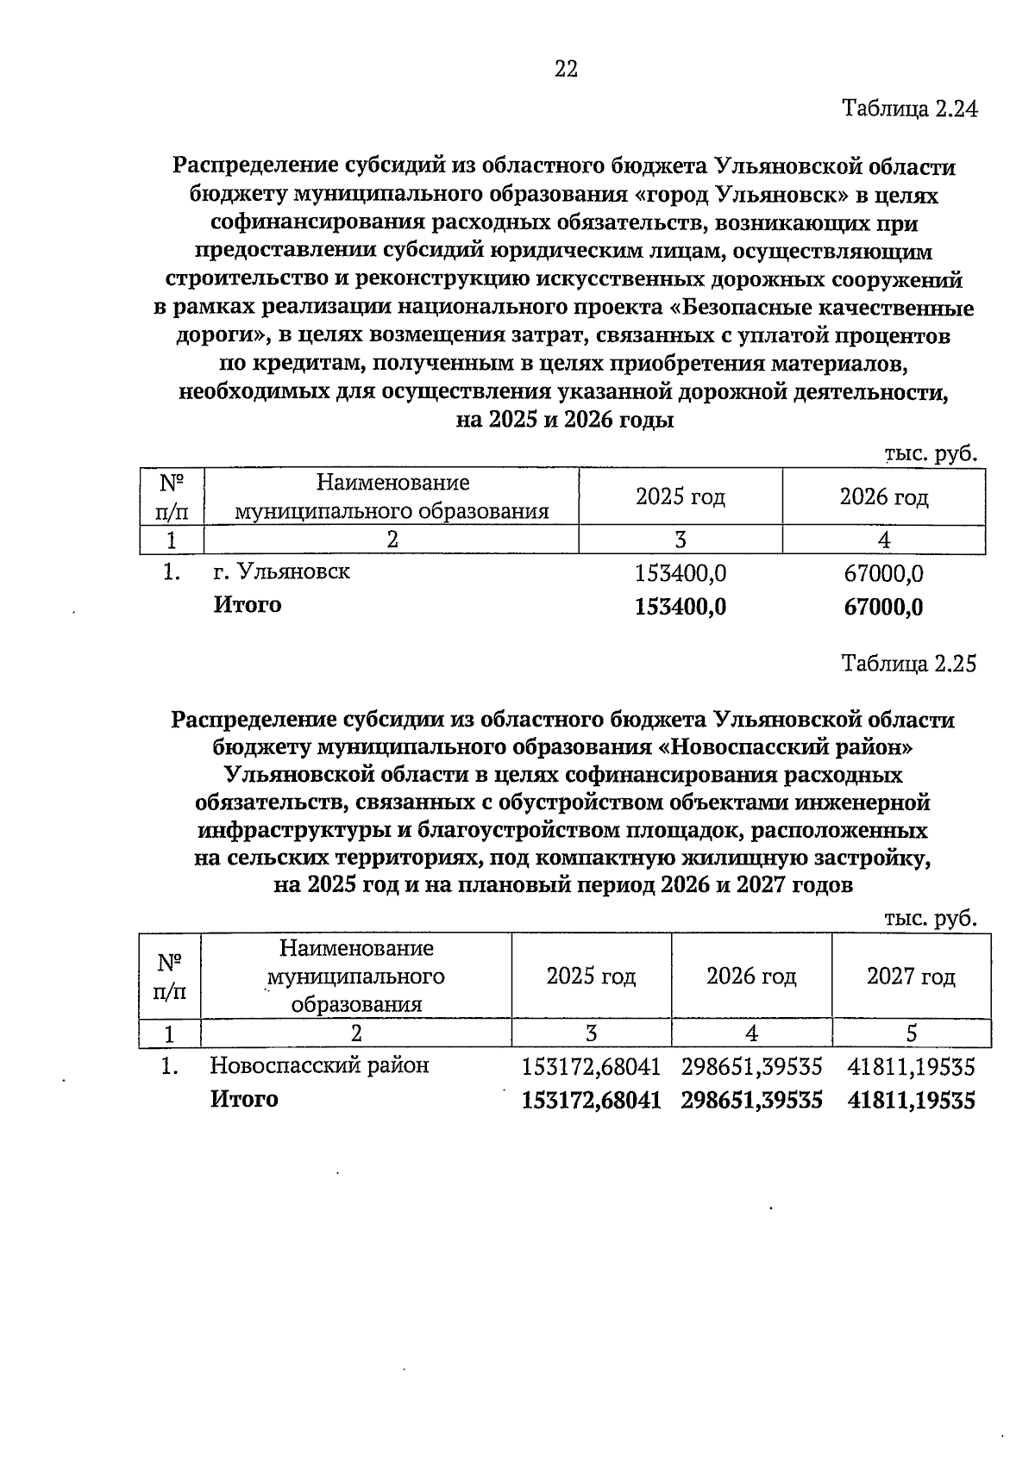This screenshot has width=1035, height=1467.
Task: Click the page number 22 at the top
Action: point(566,70)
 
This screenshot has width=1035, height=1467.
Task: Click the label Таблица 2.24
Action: point(909,109)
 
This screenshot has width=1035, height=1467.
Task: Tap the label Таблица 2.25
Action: point(909,664)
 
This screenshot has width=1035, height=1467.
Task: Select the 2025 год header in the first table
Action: point(680,497)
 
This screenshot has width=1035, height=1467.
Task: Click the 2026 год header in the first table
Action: point(883,497)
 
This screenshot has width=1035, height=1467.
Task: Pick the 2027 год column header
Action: point(911,977)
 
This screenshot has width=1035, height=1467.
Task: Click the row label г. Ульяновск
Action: point(281,571)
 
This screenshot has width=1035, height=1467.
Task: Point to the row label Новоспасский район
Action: point(319,1066)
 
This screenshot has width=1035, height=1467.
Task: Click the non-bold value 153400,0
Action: point(680,573)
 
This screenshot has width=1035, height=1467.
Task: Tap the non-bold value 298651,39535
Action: point(751,1068)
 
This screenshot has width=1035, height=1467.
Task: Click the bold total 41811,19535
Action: point(911,1101)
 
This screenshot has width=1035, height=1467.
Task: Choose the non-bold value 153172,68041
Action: point(591,1068)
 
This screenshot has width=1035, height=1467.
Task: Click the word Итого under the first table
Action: point(248,605)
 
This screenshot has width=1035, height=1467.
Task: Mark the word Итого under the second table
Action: point(245,1100)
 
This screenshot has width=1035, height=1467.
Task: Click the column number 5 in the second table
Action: point(912,1033)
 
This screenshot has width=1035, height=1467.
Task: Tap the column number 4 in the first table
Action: point(883,540)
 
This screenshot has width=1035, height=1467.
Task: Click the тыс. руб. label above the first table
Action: point(931,454)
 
